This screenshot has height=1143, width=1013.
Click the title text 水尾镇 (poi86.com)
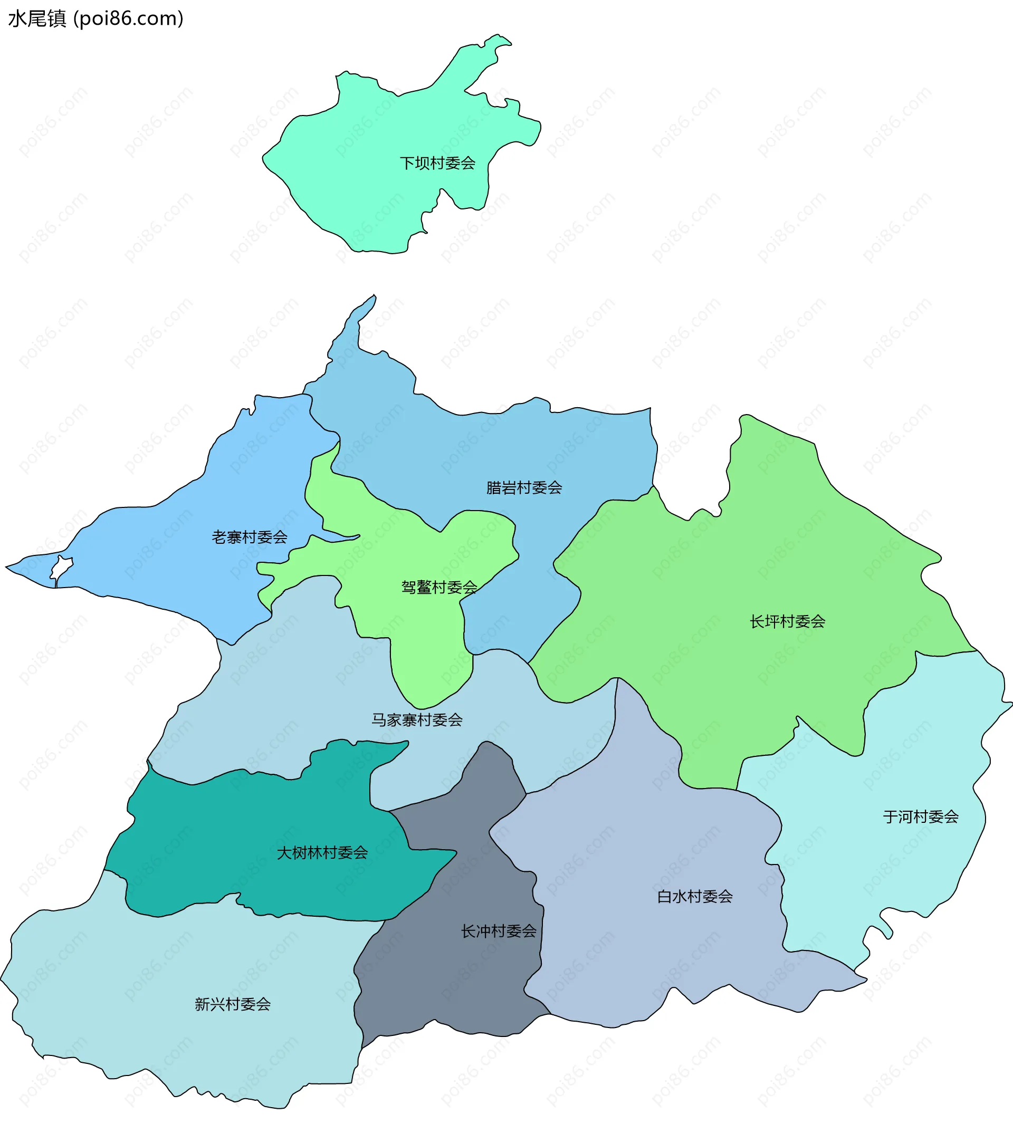tap(95, 18)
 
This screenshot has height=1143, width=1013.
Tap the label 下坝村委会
tap(437, 164)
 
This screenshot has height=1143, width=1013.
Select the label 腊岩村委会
tap(524, 488)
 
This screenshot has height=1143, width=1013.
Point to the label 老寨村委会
tap(250, 537)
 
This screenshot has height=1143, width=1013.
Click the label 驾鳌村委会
tap(439, 587)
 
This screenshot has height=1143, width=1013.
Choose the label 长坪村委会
tap(788, 622)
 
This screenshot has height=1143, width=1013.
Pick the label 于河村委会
tap(921, 817)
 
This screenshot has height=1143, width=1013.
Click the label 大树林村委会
tap(322, 853)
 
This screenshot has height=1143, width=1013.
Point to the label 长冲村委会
tap(499, 931)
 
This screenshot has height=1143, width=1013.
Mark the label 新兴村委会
tap(233, 1005)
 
